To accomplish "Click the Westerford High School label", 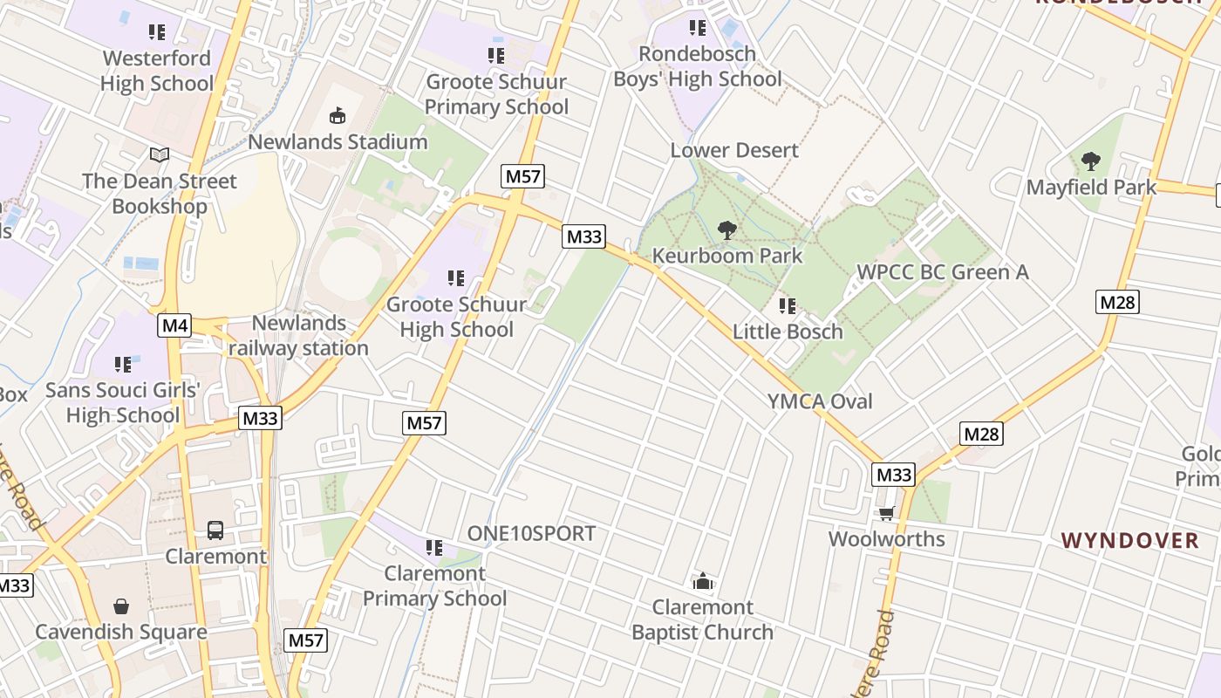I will coord(157,71).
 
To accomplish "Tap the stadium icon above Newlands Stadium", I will coord(338,115).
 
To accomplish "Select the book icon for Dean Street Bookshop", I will coord(159,155).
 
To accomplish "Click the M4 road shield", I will coord(174,326).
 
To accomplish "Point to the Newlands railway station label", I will coord(298,336).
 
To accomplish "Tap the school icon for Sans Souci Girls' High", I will coord(123,364).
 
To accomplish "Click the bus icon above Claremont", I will coord(215,530).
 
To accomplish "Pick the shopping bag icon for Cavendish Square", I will coord(121,606).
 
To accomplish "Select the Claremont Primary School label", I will coord(434,585).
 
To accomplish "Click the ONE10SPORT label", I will coord(531,533).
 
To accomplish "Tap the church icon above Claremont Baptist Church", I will coord(703,581).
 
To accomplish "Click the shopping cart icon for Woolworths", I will coord(887,513).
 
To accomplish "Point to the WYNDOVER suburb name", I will coord(1130,540).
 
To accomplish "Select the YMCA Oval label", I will coord(820,401).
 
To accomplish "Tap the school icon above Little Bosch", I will coord(788,306).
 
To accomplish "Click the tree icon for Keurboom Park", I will coord(726,231).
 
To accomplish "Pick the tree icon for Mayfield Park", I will coord(1090,161).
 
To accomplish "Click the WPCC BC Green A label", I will coord(943,272).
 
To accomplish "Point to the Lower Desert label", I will coord(734,150).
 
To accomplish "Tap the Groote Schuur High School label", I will coord(456,317).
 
